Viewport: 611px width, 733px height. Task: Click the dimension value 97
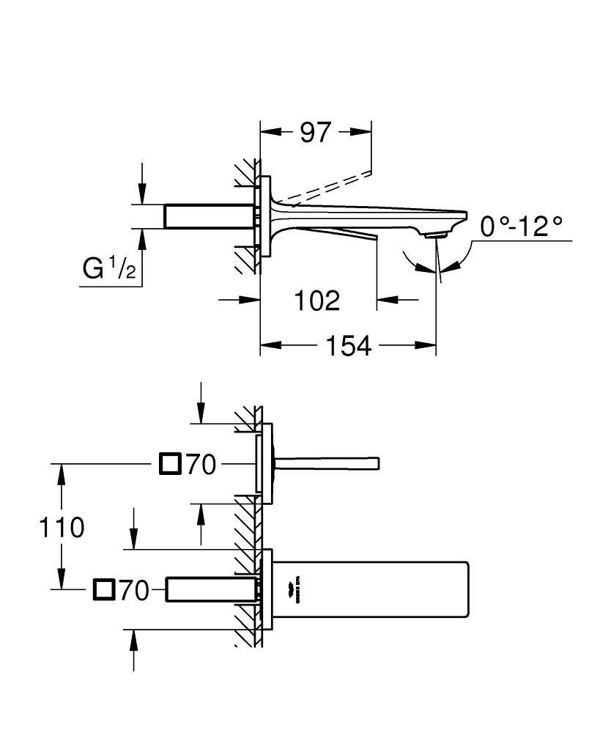(x=316, y=132)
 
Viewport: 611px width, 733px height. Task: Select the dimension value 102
(x=317, y=299)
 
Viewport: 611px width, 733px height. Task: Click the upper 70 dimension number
(x=201, y=464)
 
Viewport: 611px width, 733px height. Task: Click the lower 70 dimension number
(x=134, y=589)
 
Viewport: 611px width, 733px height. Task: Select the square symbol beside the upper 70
(x=170, y=464)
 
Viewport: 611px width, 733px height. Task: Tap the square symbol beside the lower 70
(x=104, y=589)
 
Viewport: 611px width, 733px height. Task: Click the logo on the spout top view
(x=297, y=589)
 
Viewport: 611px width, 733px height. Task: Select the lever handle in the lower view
(x=326, y=463)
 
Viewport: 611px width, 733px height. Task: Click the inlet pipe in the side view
(x=209, y=216)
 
